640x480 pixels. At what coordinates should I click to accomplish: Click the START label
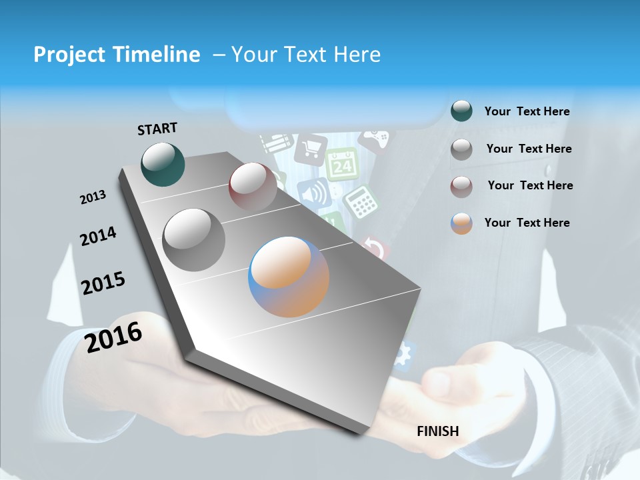(157, 129)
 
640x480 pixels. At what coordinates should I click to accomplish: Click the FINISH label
(437, 431)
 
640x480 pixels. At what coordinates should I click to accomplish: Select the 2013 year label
(93, 197)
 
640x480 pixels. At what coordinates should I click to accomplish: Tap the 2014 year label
(98, 236)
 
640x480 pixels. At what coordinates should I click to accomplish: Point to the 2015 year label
(103, 283)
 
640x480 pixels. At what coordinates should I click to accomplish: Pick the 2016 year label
(113, 337)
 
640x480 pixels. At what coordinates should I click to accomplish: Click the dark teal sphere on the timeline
(163, 164)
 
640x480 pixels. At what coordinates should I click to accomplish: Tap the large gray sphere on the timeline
(194, 239)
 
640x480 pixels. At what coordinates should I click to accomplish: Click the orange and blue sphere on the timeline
(289, 277)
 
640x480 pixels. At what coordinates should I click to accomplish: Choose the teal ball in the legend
(461, 111)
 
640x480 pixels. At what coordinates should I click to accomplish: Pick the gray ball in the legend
(461, 149)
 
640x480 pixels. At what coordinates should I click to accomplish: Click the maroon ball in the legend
(461, 187)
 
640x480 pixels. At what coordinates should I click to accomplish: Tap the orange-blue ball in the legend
(461, 223)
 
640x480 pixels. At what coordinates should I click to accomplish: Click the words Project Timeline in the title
(117, 55)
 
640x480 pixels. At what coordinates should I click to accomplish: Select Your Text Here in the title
(305, 55)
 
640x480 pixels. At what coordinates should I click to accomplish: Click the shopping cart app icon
(311, 149)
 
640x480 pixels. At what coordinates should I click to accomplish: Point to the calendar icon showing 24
(342, 164)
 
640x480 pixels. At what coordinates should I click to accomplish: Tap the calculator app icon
(361, 201)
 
